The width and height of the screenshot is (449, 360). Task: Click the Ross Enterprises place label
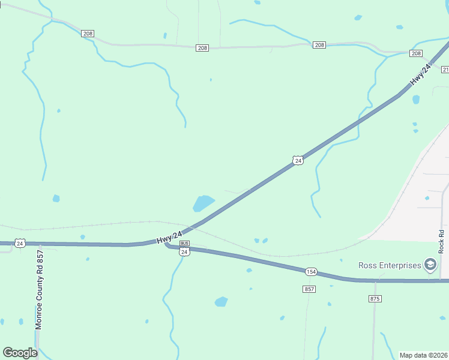(390, 265)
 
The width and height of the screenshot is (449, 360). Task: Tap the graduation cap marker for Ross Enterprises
(430, 265)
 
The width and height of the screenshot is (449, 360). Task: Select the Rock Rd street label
(441, 241)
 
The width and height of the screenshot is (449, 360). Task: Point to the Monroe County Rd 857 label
(40, 289)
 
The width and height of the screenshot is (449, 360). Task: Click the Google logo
(20, 353)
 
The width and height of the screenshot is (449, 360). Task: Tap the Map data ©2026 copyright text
(423, 355)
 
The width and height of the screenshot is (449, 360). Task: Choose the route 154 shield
(310, 271)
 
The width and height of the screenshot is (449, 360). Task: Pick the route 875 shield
(375, 298)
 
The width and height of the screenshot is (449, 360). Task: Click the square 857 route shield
(309, 289)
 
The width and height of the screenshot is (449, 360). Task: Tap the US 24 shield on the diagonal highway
(298, 160)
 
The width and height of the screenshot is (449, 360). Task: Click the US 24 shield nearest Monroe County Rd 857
(20, 243)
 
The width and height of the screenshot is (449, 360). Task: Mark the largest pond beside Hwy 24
(203, 203)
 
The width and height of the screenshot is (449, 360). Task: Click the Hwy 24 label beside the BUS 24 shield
(169, 237)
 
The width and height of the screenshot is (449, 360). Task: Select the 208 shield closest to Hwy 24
(416, 53)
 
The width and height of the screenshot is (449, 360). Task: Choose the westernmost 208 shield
(88, 34)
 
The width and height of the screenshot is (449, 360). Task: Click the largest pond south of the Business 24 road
(221, 301)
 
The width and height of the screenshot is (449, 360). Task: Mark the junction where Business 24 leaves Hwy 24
(166, 244)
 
